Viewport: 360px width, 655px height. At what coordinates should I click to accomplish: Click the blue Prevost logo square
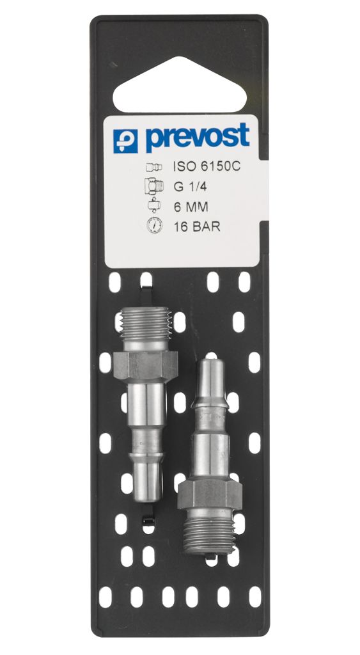(x=125, y=141)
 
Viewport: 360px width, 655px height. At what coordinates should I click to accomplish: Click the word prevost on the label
(x=198, y=137)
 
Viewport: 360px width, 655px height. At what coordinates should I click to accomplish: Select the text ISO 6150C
(x=207, y=167)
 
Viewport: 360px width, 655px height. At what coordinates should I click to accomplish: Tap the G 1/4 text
(x=190, y=187)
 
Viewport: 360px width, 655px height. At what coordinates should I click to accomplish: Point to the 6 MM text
(x=191, y=207)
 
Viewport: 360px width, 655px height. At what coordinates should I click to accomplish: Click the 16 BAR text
(x=197, y=227)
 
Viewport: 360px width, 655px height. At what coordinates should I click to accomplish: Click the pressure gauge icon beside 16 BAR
(x=155, y=226)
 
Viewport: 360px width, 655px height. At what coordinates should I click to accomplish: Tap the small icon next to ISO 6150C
(x=154, y=168)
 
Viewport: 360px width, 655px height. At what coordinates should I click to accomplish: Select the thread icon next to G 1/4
(x=154, y=186)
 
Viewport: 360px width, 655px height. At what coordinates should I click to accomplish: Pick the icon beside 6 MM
(x=154, y=205)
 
